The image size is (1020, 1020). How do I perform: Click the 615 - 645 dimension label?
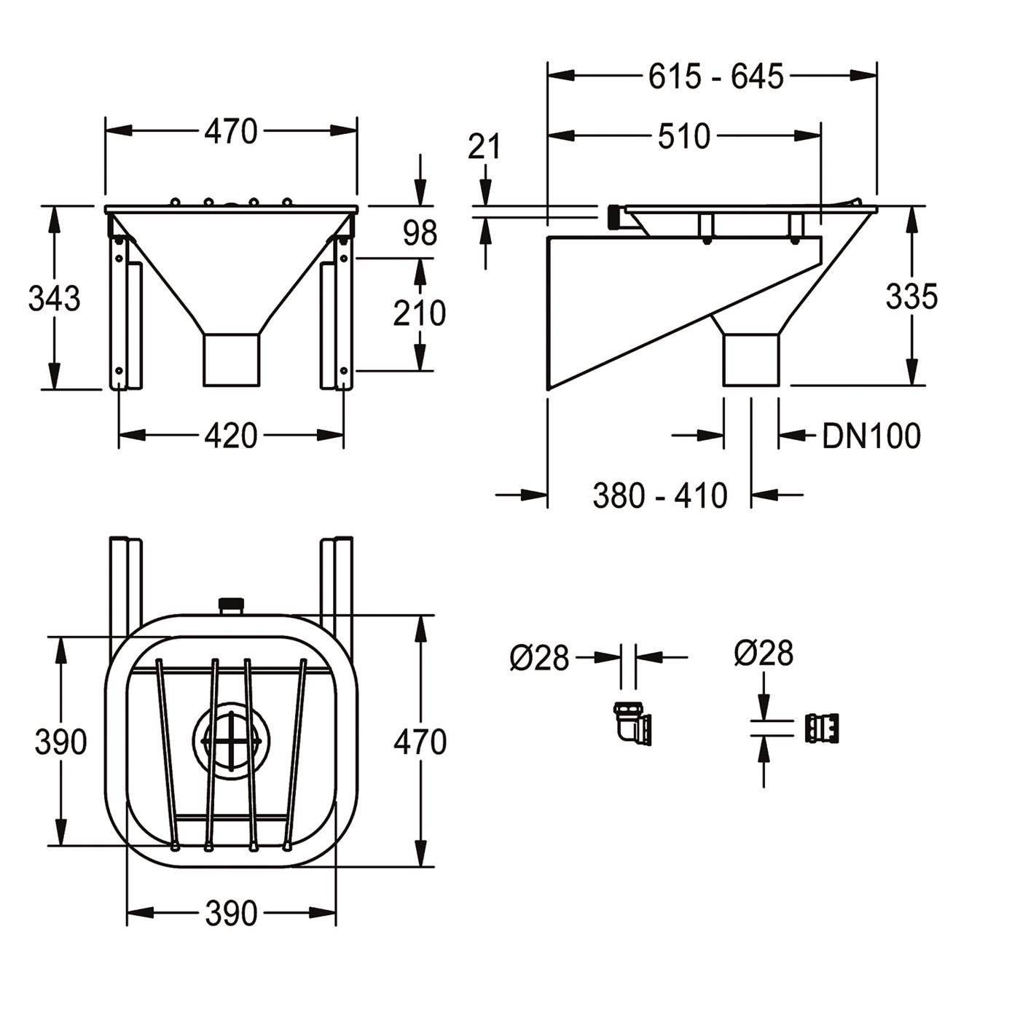[715, 77]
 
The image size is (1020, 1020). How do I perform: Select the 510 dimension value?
[684, 136]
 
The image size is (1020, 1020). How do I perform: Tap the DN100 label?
[871, 436]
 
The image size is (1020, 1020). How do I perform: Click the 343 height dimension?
[54, 298]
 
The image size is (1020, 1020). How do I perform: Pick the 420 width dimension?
[231, 436]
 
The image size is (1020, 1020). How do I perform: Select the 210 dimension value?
[419, 313]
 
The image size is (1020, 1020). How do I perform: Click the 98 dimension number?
[420, 233]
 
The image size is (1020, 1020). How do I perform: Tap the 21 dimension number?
[484, 146]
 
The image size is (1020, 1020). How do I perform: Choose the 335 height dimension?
[911, 297]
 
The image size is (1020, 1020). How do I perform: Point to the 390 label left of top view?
[60, 742]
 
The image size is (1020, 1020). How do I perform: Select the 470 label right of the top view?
[420, 742]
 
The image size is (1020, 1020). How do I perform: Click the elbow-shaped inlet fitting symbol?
[632, 723]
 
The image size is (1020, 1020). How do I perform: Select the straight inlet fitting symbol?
[822, 729]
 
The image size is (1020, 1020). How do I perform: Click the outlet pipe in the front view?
[232, 359]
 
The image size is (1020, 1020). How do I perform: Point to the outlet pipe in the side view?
[751, 359]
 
